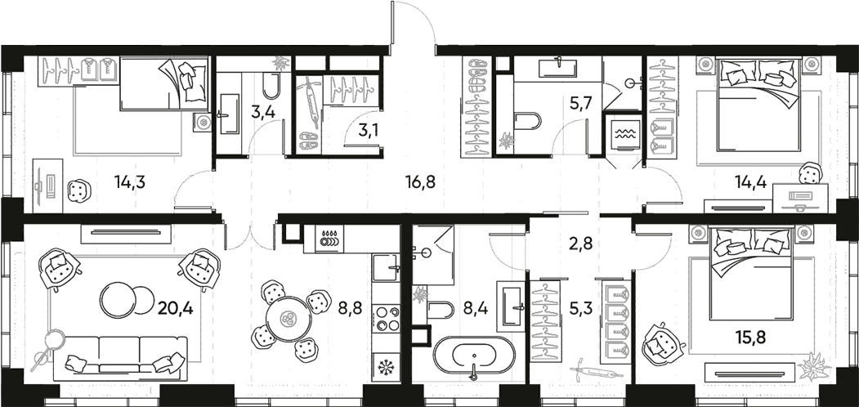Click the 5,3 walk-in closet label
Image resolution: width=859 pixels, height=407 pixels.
pos(580,309)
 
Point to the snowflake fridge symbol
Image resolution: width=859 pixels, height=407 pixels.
pos(384,365)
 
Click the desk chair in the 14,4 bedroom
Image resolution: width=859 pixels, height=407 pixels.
pos(809,173)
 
